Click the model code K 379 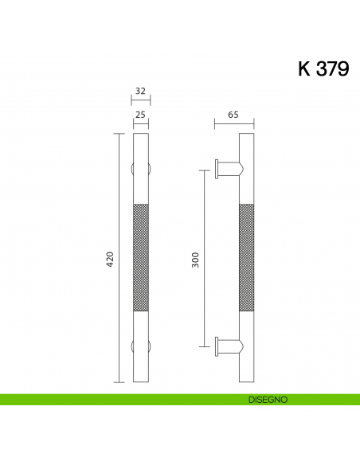click(x=323, y=69)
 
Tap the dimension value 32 click(x=140, y=92)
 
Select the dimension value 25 click(x=140, y=115)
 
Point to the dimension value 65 click(x=233, y=115)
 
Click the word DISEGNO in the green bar click(x=261, y=398)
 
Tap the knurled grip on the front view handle click(x=140, y=259)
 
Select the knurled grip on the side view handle click(x=246, y=259)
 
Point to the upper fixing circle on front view click(x=140, y=170)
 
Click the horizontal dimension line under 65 click(x=233, y=124)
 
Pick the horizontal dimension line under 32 click(x=140, y=100)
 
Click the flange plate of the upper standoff click(x=217, y=168)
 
